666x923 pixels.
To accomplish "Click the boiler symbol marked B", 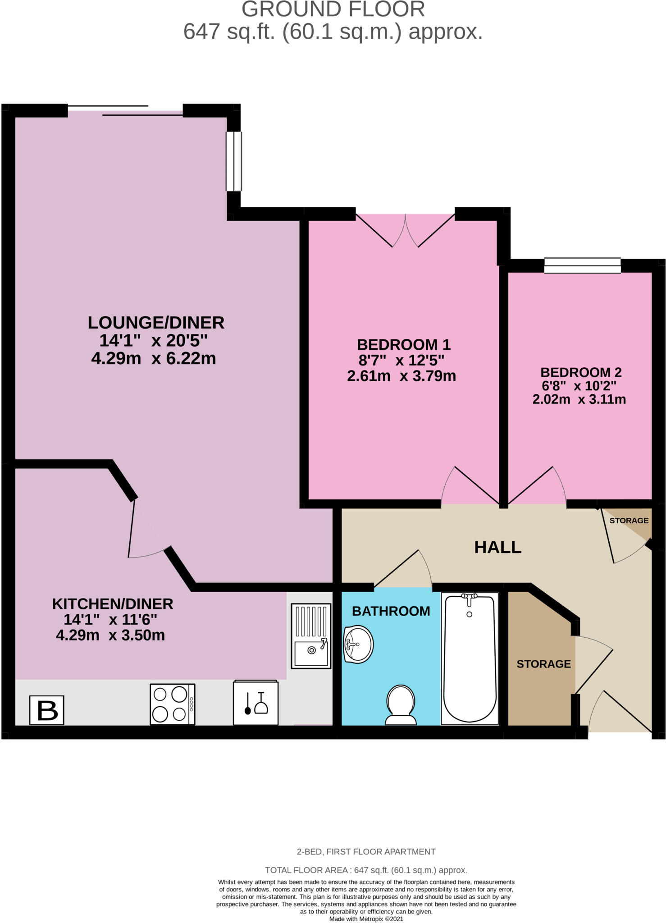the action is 47,710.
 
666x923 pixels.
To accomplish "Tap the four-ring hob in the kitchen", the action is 173,704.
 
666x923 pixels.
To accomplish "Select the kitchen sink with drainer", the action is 311,636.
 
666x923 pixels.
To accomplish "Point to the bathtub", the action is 470,658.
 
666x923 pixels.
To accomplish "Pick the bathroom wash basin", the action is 358,644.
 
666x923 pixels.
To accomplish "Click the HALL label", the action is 498,547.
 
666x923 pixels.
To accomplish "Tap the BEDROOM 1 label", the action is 404,345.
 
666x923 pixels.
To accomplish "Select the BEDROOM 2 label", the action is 581,372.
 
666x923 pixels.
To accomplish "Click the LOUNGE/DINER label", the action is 156,323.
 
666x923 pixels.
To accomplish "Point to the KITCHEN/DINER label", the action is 113,603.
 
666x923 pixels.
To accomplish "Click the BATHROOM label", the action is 391,611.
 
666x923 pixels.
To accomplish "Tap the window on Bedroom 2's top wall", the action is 582,265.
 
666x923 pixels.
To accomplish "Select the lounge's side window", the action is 234,161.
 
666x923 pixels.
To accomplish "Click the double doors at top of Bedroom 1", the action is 405,230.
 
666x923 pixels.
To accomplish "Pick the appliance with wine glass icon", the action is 255,702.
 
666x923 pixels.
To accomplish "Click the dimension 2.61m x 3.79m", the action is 401,376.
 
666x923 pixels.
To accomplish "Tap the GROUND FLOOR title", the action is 333,9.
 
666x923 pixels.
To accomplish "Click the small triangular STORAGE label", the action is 629,521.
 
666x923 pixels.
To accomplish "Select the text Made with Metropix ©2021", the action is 366,918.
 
